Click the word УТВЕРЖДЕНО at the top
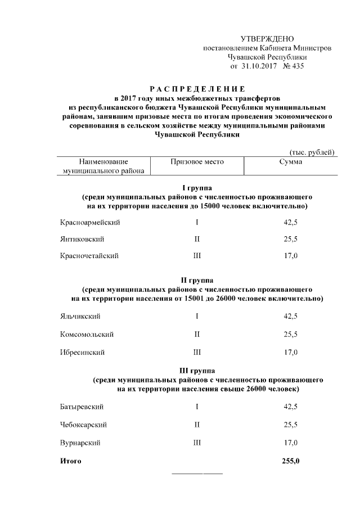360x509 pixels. [x=267, y=39]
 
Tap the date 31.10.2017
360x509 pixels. [x=260, y=66]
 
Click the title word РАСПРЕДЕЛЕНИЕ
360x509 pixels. [x=197, y=89]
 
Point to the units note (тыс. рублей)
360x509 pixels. [x=312, y=152]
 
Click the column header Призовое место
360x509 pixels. [x=197, y=162]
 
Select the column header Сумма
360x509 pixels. [x=290, y=162]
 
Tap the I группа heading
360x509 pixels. [x=197, y=188]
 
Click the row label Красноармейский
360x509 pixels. [x=90, y=223]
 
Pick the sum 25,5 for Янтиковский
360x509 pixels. [x=290, y=239]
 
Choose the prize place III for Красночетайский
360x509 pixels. [x=197, y=256]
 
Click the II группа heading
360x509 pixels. [x=197, y=280]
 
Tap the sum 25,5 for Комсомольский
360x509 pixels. [x=290, y=334]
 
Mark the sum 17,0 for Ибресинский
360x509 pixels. [x=290, y=352]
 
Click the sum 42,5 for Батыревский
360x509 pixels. [x=290, y=406]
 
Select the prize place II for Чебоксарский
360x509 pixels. [x=197, y=424]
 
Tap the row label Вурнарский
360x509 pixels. [x=80, y=443]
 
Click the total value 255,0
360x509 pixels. [x=290, y=461]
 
